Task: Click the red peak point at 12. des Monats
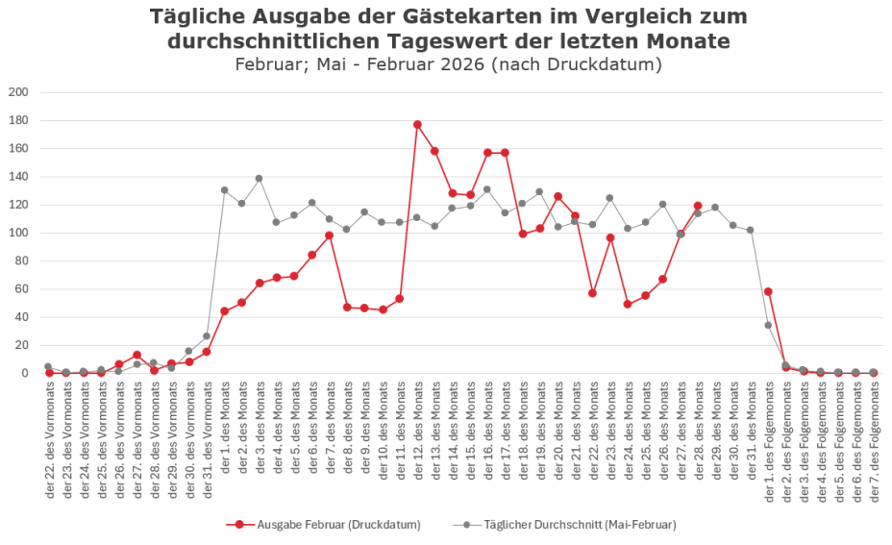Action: [417, 125]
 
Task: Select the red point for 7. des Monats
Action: [329, 235]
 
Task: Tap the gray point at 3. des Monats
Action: [260, 179]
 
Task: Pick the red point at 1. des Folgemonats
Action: [768, 291]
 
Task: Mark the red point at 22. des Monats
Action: [592, 293]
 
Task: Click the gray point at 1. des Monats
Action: [224, 190]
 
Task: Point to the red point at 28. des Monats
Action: [698, 206]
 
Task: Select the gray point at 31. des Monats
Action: [750, 230]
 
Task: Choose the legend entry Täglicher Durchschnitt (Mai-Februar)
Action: [571, 524]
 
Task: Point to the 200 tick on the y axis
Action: [17, 92]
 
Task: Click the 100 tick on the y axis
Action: [17, 233]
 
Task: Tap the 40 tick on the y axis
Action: [20, 317]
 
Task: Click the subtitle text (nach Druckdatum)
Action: [575, 64]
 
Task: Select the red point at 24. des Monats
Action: [628, 304]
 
